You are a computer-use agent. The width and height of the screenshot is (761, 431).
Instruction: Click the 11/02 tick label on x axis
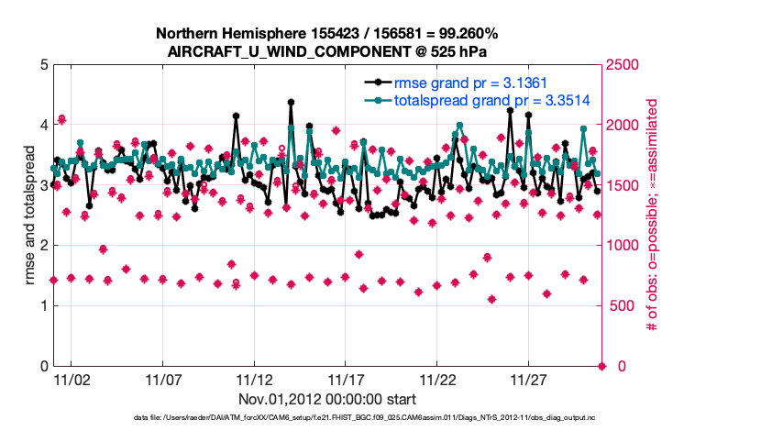point(71,380)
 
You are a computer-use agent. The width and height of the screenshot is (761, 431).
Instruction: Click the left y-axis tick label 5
point(43,65)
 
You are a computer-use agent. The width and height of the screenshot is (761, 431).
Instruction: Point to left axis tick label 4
point(43,126)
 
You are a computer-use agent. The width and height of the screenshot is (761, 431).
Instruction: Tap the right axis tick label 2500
point(623,65)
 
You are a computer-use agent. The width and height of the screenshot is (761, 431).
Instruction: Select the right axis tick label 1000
point(623,246)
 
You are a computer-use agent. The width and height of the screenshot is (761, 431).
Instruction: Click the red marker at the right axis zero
point(602,366)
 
